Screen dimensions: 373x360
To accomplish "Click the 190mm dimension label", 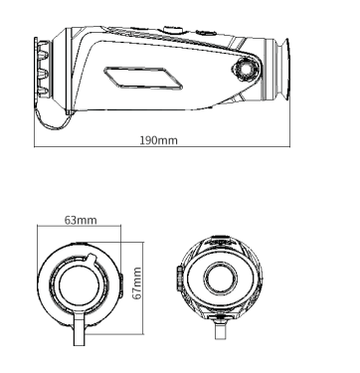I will (x=158, y=140).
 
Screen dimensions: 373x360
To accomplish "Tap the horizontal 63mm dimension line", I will (x=81, y=227).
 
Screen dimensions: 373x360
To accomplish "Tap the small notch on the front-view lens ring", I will (x=92, y=258).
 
